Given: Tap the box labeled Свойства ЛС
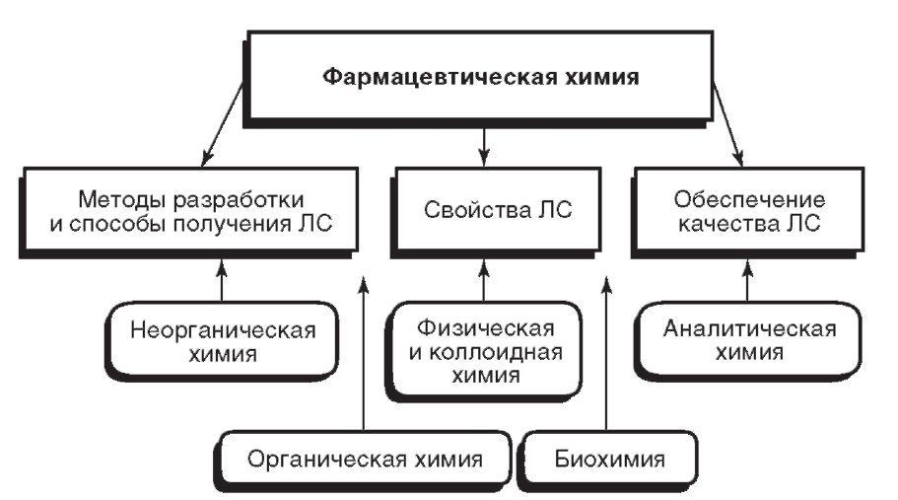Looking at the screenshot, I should (484, 210).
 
